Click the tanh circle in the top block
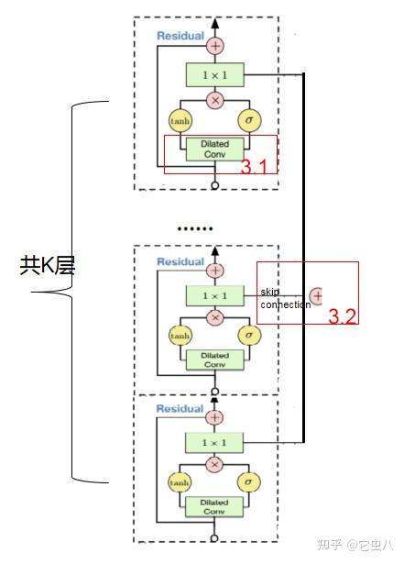click(x=180, y=120)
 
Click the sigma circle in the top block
click(x=248, y=120)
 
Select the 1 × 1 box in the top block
click(x=214, y=75)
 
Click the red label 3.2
click(x=343, y=316)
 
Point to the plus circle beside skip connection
click(x=317, y=296)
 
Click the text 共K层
click(x=47, y=266)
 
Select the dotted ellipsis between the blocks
click(x=194, y=227)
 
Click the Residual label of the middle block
click(x=180, y=262)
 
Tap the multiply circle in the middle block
click(x=214, y=318)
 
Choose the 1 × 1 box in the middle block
click(x=214, y=294)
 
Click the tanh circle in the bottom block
click(x=180, y=482)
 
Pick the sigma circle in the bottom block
click(x=248, y=482)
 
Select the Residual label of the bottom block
click(x=180, y=408)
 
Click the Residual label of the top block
click(x=180, y=37)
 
